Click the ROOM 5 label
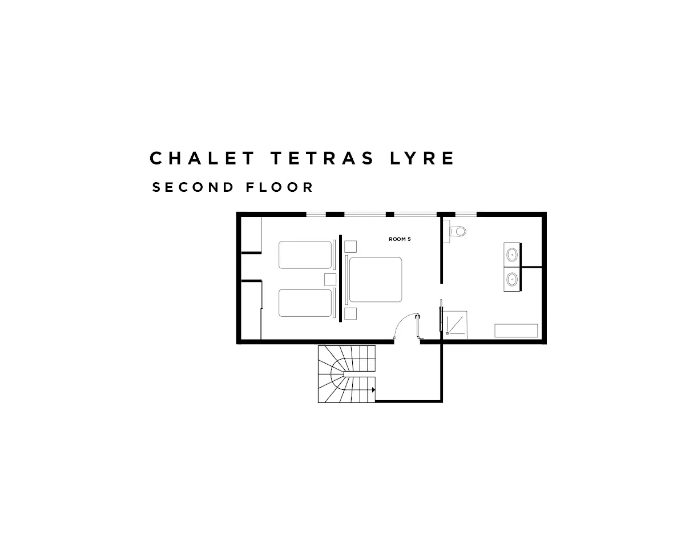400,239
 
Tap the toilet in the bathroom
457,231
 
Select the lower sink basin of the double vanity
512,280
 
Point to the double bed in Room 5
375,280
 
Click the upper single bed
305,255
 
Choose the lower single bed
305,303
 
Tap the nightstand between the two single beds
330,279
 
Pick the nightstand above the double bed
350,246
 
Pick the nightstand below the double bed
350,313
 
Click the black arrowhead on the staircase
373,390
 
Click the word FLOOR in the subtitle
280,187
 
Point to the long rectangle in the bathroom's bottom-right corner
516,331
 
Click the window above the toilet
465,215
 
